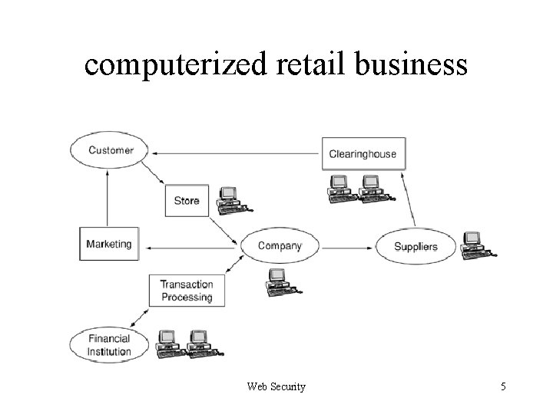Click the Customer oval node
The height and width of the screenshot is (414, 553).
coord(110,150)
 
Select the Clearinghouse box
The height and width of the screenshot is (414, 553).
coord(363,153)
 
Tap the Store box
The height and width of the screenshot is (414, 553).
coord(186,201)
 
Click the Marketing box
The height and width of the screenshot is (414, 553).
coord(108,245)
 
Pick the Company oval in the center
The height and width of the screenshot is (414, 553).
coord(280,246)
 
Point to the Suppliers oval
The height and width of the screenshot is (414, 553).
coord(416,246)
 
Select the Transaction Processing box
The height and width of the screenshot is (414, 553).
coord(186,291)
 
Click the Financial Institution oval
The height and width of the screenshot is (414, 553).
coord(108,345)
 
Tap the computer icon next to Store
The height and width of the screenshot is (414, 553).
coord(230,199)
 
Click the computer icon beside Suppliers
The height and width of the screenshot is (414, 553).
coord(475,245)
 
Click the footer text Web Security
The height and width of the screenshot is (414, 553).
coord(276,386)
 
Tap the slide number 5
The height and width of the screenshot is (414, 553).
coord(503,386)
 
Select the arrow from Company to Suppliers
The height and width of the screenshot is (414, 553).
coord(346,247)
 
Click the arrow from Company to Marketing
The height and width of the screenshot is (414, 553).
coord(192,247)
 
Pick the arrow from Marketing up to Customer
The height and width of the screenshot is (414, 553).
coord(108,198)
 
